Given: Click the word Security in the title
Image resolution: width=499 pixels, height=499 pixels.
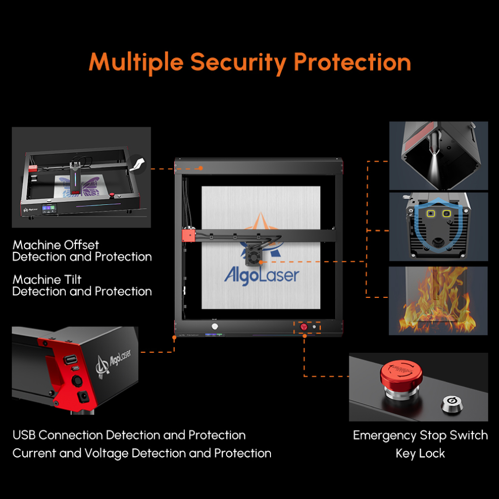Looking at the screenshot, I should pos(239,62).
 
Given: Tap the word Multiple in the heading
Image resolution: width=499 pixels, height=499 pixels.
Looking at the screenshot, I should pos(136,62).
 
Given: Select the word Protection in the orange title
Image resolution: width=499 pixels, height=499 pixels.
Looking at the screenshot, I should pos(352,62).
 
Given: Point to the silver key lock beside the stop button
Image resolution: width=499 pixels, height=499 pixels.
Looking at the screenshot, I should pos(451,402).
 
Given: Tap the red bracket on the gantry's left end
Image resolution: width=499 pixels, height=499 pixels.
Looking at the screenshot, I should pos(187,235).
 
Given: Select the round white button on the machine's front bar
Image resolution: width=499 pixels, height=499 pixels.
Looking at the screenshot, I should pos(216,326).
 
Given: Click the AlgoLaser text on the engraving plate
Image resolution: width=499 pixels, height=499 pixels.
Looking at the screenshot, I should pos(261,275).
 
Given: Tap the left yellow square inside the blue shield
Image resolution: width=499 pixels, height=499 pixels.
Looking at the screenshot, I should pos(430,214).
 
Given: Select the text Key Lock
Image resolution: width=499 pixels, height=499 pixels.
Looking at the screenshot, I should pos(420,454).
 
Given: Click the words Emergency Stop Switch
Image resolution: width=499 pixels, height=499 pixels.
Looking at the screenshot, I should pos(420,435).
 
